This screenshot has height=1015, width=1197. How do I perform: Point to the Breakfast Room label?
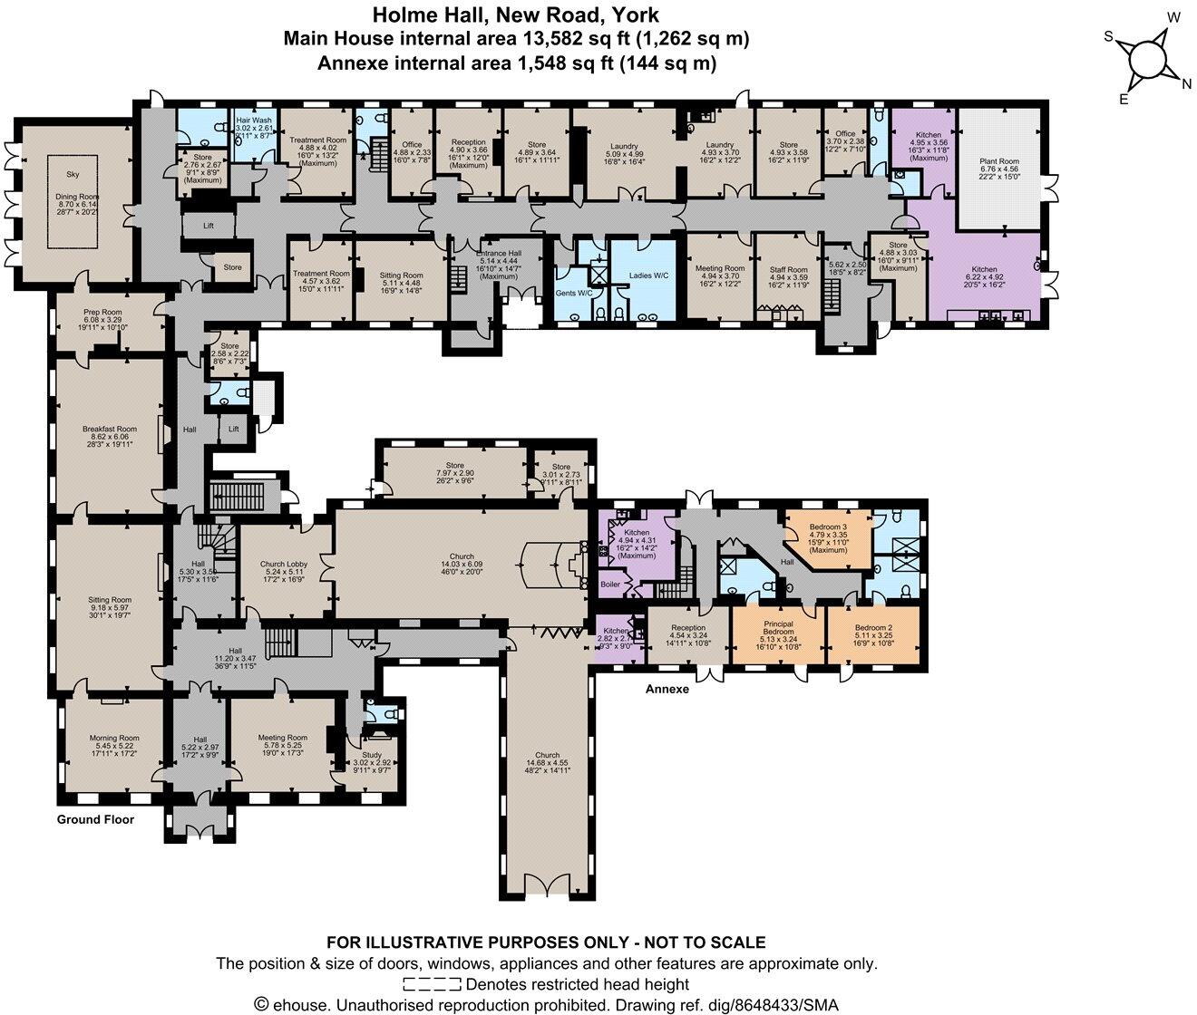[x=109, y=429]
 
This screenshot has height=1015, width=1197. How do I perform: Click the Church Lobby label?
[x=283, y=564]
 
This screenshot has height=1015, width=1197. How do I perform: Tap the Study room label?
[x=373, y=755]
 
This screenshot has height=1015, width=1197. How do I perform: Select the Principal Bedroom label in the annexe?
[x=778, y=629]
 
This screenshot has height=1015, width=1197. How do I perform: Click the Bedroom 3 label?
[x=828, y=527]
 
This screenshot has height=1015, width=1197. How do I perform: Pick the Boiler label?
[x=610, y=585]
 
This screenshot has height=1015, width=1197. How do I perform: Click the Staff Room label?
[x=788, y=269]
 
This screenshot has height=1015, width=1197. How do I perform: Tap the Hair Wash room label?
[x=253, y=120]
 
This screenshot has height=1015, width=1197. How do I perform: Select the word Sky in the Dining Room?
[x=73, y=174]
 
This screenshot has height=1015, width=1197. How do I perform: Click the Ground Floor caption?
[x=95, y=819]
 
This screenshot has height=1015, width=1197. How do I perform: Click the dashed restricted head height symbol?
[x=433, y=984]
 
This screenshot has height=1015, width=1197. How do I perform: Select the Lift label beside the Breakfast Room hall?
[x=234, y=429]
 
